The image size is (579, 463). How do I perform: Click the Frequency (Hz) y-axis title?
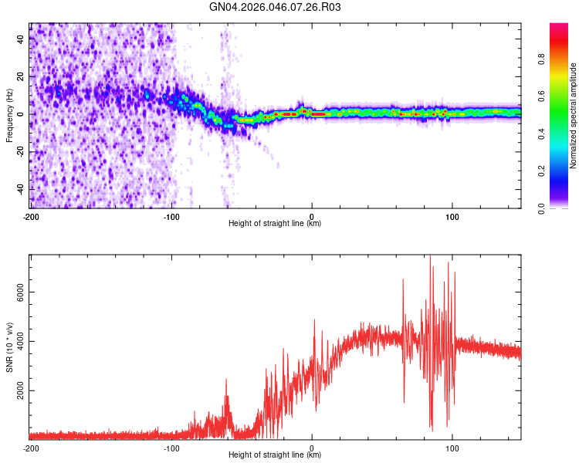click(9, 116)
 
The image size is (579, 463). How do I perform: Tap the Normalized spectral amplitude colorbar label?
click(573, 116)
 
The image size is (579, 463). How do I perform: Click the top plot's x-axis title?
click(275, 223)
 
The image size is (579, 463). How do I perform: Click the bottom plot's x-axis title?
click(275, 455)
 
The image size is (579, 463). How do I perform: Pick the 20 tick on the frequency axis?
click(21, 77)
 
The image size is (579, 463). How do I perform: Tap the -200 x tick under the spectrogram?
click(31, 215)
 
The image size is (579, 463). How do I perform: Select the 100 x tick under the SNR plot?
click(452, 448)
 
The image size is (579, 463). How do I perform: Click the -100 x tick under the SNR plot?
click(171, 448)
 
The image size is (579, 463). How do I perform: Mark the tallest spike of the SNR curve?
click(431, 258)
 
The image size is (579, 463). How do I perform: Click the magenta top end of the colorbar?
click(559, 27)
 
